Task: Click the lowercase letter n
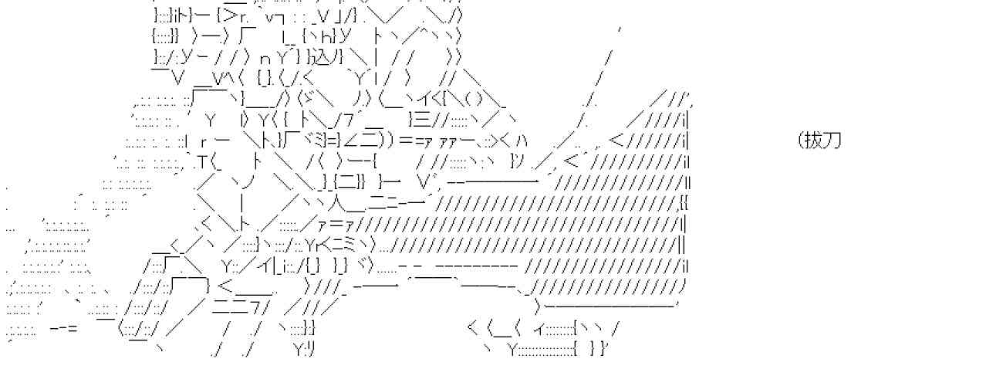coord(264,58)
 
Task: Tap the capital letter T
coord(202,162)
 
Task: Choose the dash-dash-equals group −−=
coord(63,329)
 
